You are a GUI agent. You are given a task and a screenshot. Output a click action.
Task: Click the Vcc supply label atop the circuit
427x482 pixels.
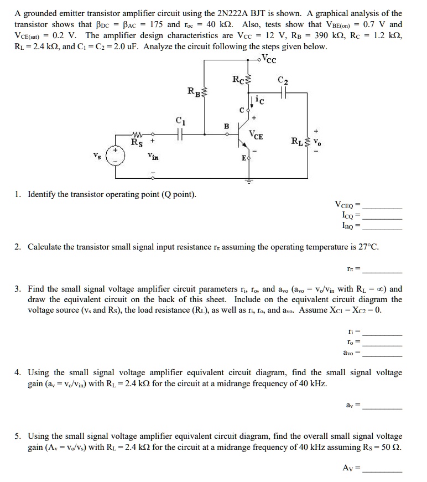(x=269, y=59)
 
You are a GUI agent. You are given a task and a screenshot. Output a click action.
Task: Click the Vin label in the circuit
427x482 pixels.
(x=153, y=157)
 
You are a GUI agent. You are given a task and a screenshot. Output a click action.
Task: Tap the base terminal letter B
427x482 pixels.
(x=226, y=126)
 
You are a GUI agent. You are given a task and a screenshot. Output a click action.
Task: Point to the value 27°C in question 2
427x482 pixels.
(x=366, y=247)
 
